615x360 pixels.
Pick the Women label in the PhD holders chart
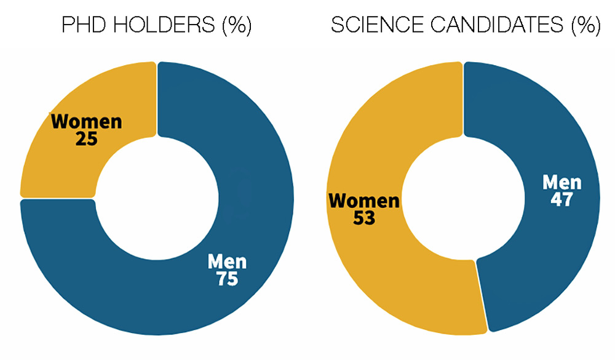point(86,121)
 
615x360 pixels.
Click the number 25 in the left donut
point(86,139)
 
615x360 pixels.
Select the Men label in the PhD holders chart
point(227,262)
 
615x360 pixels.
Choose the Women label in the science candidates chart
point(364,201)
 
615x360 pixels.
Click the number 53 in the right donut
point(364,218)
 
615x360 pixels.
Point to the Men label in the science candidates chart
point(561,183)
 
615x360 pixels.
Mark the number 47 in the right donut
point(561,200)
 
